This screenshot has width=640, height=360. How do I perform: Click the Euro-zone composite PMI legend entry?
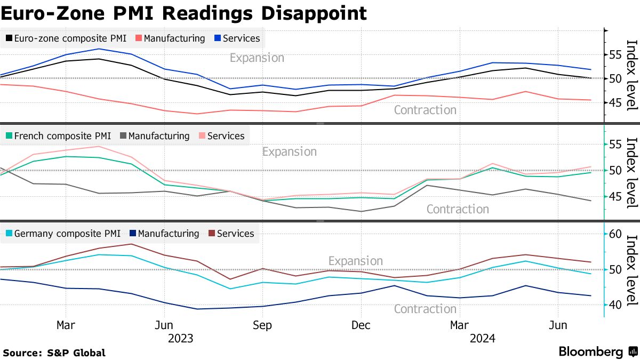67,38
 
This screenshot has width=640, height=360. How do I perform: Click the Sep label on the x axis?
262,325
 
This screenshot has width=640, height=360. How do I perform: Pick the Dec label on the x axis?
361,325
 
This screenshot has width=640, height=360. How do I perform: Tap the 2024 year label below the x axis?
483,338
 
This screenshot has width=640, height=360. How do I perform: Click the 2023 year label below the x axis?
180,338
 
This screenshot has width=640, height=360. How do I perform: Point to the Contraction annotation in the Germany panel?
425,309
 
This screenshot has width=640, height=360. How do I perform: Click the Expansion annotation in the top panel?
257,58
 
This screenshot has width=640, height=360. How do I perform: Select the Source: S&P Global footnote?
54,353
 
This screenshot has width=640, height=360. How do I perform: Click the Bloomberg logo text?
591,352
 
